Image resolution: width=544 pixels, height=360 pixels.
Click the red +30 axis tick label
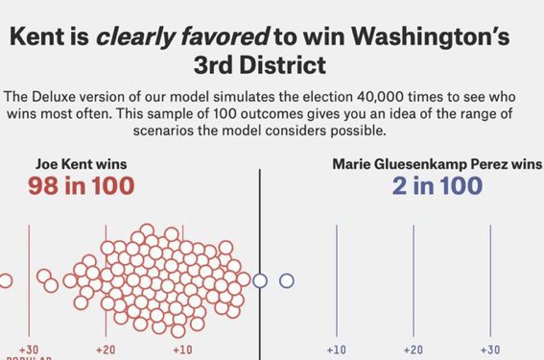click(x=29, y=349)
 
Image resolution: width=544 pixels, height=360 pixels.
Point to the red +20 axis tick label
click(x=106, y=349)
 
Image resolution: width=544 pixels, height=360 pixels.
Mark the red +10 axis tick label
click(x=182, y=349)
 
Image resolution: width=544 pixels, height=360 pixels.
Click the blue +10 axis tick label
click(x=337, y=349)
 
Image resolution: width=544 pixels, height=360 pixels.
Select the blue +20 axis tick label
click(x=414, y=349)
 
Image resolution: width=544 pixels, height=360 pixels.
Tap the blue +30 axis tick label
click(x=490, y=349)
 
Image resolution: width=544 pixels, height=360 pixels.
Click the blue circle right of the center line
click(x=286, y=280)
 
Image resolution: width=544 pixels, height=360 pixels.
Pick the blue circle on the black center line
click(x=260, y=280)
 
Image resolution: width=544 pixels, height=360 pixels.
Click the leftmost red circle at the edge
click(x=5, y=280)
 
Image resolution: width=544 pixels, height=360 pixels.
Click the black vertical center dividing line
click(x=260, y=221)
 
